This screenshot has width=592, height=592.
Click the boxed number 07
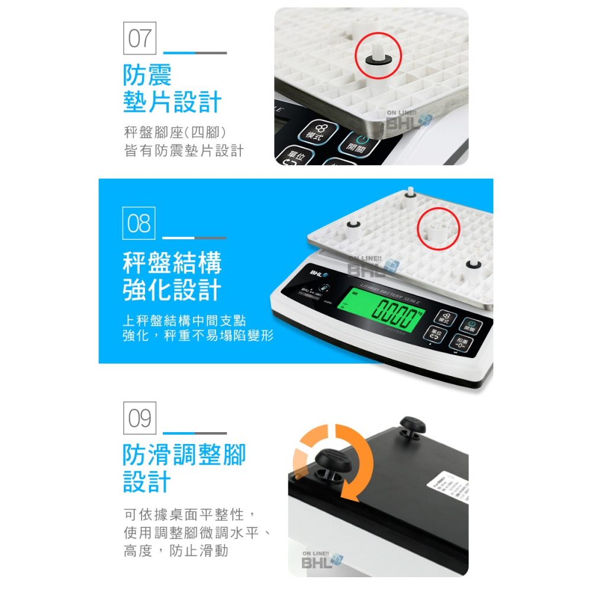[x=140, y=38]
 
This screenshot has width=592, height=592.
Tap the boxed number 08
[x=139, y=223]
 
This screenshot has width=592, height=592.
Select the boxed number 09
[x=140, y=418]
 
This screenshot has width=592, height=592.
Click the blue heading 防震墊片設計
[x=172, y=88]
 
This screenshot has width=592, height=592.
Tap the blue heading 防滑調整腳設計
[x=184, y=468]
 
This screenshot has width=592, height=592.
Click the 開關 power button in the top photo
[x=355, y=145]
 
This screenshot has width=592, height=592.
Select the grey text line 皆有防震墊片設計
[x=184, y=152]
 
